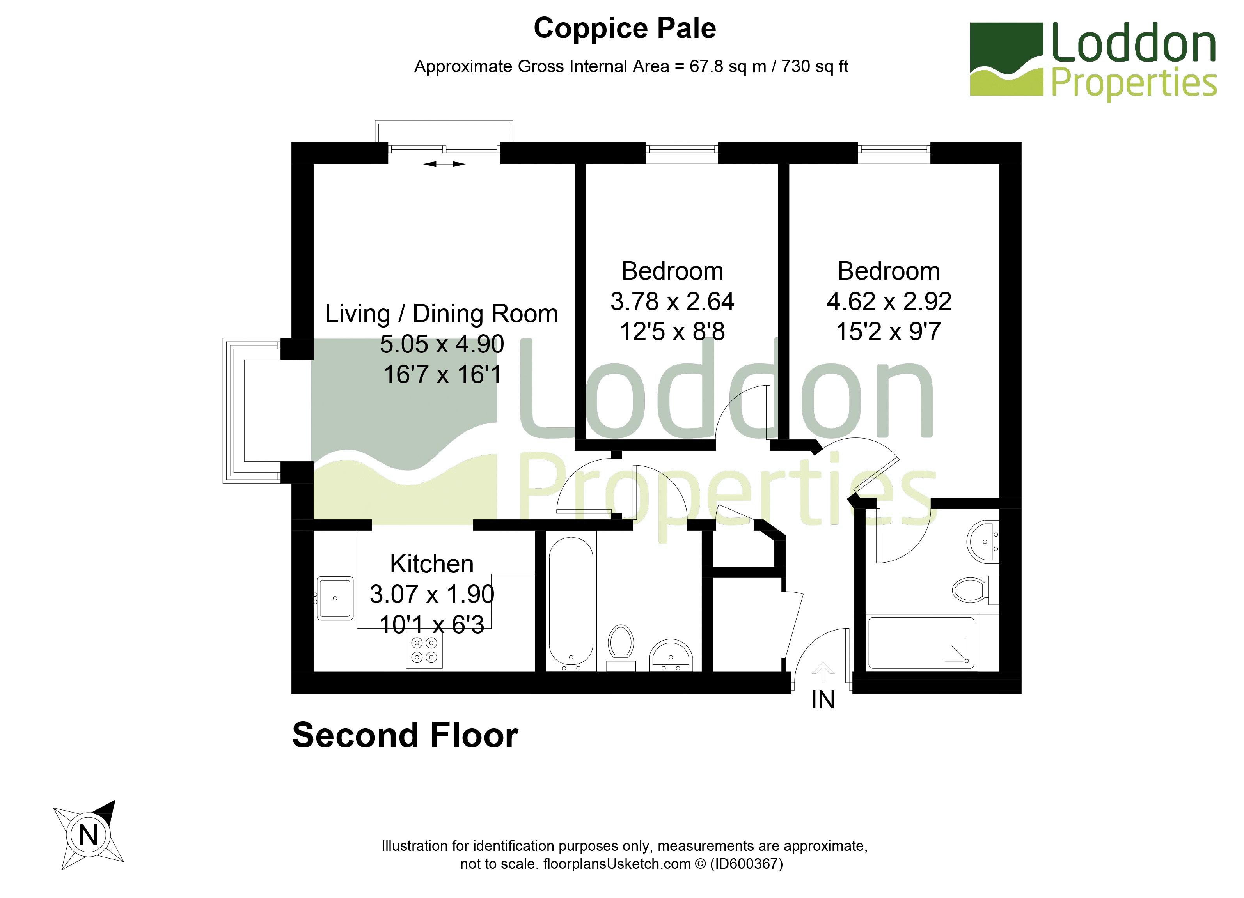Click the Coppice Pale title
click(625, 28)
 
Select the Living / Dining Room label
click(442, 314)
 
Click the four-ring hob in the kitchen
click(424, 651)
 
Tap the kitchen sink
click(335, 598)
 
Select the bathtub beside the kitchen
click(571, 601)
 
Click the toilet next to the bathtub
click(621, 648)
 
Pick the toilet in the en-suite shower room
click(975, 590)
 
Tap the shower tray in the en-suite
click(921, 643)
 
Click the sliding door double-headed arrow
click(444, 164)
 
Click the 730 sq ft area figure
click(815, 66)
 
